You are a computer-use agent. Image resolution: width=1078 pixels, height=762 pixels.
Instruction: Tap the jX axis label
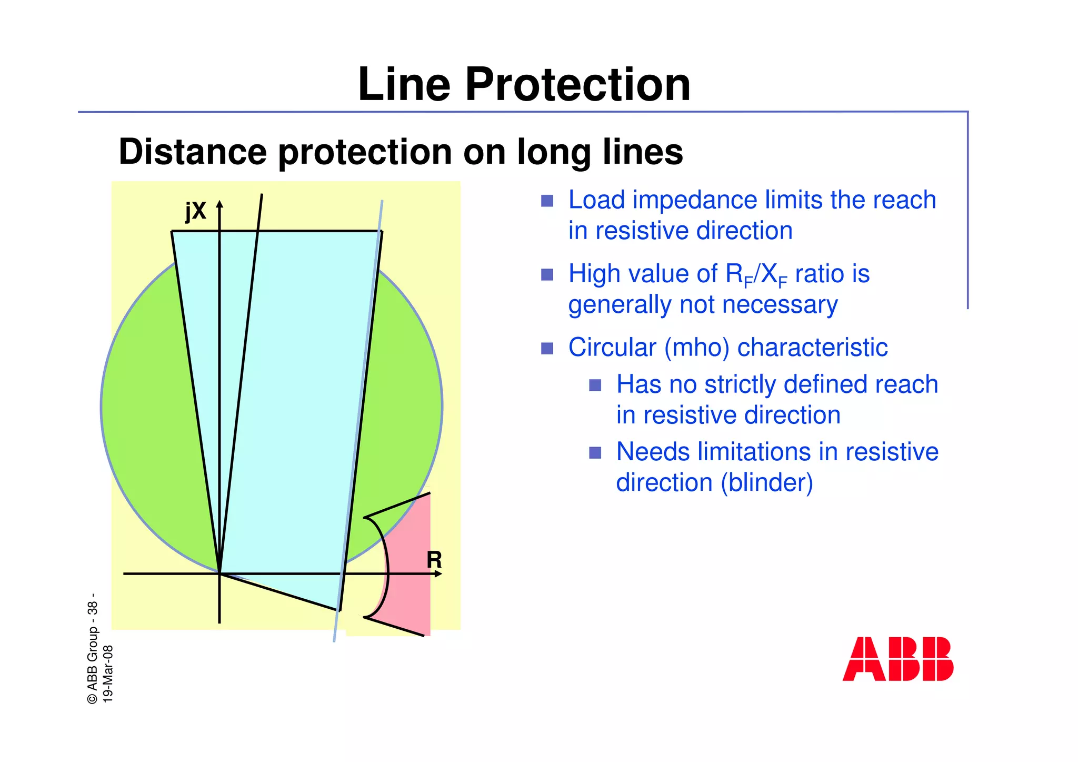click(x=196, y=212)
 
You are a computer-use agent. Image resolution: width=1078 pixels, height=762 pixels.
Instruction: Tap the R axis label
click(x=434, y=560)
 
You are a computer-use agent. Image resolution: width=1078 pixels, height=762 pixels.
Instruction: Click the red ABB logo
click(x=897, y=659)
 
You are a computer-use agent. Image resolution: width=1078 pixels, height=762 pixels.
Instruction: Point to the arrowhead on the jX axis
click(x=220, y=205)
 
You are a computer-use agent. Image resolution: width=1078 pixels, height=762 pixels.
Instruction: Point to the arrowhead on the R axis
click(x=438, y=573)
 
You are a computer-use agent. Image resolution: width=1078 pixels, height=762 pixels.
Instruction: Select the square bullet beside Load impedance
click(x=547, y=201)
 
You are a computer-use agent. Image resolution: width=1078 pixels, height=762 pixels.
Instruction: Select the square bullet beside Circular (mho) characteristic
click(x=547, y=349)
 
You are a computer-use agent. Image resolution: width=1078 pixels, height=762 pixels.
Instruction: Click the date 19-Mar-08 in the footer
click(x=108, y=674)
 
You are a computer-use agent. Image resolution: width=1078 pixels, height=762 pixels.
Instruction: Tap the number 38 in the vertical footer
click(x=93, y=608)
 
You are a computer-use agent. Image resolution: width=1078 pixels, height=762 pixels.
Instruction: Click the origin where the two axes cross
click(x=219, y=573)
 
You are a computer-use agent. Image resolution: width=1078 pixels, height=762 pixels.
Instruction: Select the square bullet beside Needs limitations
click(x=595, y=453)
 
